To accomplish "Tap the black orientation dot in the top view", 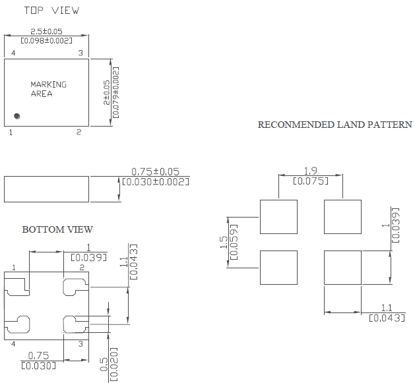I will pyautogui.click(x=17, y=116).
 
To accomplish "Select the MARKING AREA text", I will pyautogui.click(x=48, y=89).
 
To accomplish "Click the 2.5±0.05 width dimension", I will pyautogui.click(x=46, y=32).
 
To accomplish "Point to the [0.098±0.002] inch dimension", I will pyautogui.click(x=46, y=41).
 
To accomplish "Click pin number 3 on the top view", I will pyautogui.click(x=80, y=53).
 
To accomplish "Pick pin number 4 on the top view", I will pyautogui.click(x=13, y=53).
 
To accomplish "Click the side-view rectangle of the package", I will pyautogui.click(x=46, y=189).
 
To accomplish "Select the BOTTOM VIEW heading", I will pyautogui.click(x=57, y=229).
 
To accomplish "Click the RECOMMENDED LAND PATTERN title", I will pyautogui.click(x=335, y=125).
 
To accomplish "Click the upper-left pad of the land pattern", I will pyautogui.click(x=278, y=217).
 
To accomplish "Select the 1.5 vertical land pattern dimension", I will pyautogui.click(x=223, y=243).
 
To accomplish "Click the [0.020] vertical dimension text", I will pyautogui.click(x=113, y=362).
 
